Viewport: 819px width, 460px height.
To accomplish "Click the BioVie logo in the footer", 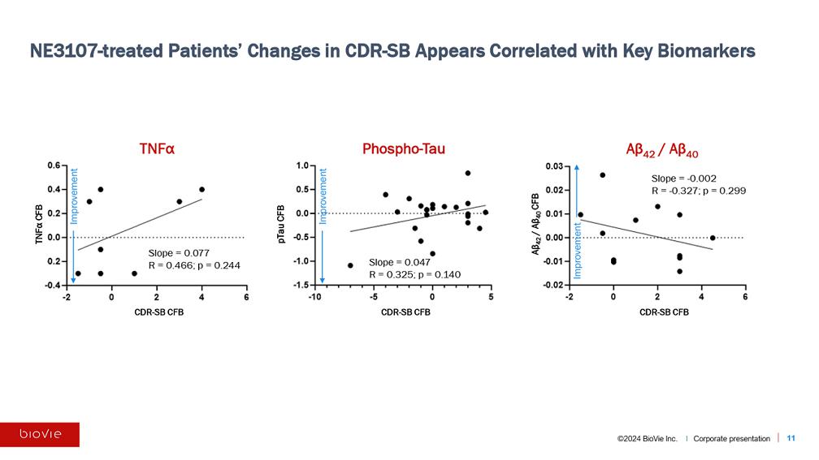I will [x=40, y=434].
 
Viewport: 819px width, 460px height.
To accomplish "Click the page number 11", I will [x=791, y=438].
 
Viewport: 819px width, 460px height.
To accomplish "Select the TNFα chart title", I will [x=157, y=149].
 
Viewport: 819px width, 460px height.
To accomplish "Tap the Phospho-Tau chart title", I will [x=404, y=149].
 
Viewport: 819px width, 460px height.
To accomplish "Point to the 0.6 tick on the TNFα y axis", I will [x=53, y=166].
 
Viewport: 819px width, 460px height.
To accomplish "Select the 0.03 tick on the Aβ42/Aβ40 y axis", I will [x=552, y=166].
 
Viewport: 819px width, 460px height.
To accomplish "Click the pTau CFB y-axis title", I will [x=281, y=225].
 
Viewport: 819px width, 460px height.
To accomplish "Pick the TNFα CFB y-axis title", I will [x=37, y=224].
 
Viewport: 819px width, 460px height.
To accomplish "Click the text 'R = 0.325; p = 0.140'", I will [x=414, y=274].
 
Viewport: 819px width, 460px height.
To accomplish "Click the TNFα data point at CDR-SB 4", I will [x=201, y=190].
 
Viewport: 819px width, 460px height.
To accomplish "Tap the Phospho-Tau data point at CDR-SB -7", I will [x=350, y=265].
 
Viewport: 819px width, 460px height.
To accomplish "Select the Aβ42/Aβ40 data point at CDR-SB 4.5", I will [x=713, y=238].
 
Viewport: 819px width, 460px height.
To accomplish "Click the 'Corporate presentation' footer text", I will [x=731, y=438].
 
